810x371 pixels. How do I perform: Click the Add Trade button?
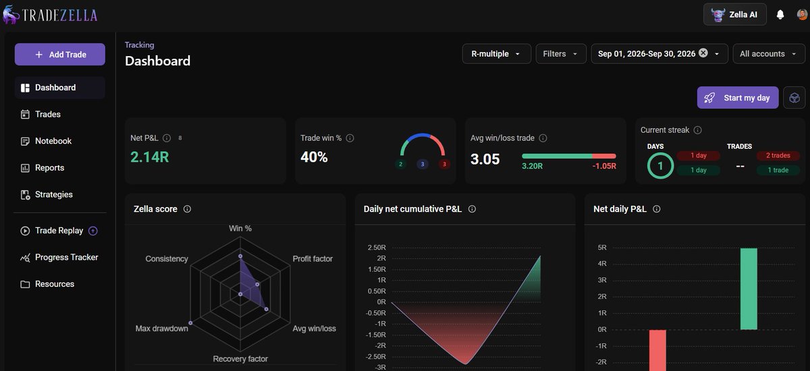pyautogui.click(x=60, y=55)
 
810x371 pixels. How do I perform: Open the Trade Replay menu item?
pyautogui.click(x=59, y=231)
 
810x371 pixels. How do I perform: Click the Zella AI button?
pyautogui.click(x=735, y=14)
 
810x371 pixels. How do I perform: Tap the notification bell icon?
pyautogui.click(x=780, y=15)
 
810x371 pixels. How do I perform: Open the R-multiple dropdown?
pyautogui.click(x=497, y=54)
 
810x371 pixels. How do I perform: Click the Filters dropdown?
pyautogui.click(x=561, y=54)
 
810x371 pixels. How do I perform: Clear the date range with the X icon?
pyautogui.click(x=703, y=53)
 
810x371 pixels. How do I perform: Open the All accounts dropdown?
pyautogui.click(x=769, y=54)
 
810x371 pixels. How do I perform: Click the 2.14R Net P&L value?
pyautogui.click(x=149, y=157)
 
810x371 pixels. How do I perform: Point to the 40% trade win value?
pyautogui.click(x=314, y=157)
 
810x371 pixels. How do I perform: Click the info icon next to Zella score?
pyautogui.click(x=187, y=209)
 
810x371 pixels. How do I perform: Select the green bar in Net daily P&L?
pyautogui.click(x=749, y=289)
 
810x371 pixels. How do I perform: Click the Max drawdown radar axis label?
pyautogui.click(x=161, y=329)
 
